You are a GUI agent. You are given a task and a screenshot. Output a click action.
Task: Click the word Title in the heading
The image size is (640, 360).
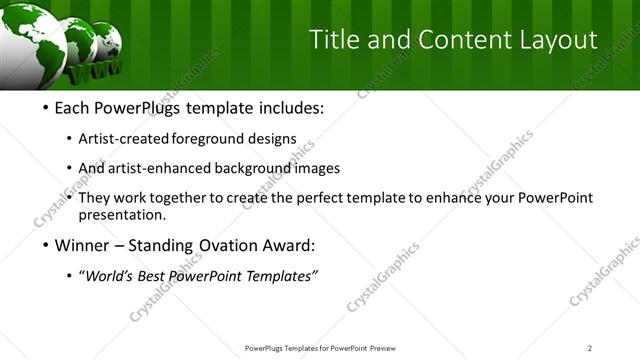pyautogui.click(x=336, y=40)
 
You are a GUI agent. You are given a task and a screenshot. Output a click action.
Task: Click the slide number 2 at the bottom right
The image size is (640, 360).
pyautogui.click(x=589, y=348)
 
